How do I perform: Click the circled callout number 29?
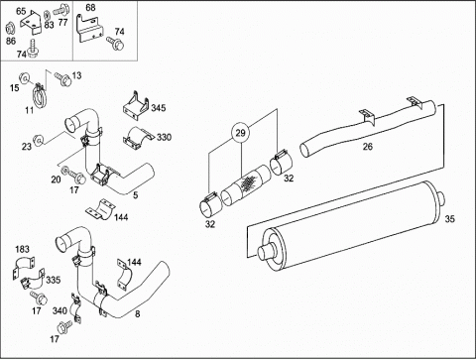point(241,133)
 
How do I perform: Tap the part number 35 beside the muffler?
point(449,219)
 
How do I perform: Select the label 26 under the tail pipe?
point(368,146)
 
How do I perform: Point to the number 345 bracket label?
point(159,108)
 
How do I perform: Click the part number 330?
point(164,137)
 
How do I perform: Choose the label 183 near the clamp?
point(22,249)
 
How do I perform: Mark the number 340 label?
point(59,310)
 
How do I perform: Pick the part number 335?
point(54,280)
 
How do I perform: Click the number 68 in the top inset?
point(90,7)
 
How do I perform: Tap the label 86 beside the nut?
point(11,41)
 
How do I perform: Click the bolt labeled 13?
point(62,78)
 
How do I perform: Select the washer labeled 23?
point(39,140)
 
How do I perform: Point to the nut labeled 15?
point(24,77)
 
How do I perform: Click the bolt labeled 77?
point(60,10)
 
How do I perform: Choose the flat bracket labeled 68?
point(89,30)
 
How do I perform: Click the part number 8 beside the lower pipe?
point(138,313)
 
